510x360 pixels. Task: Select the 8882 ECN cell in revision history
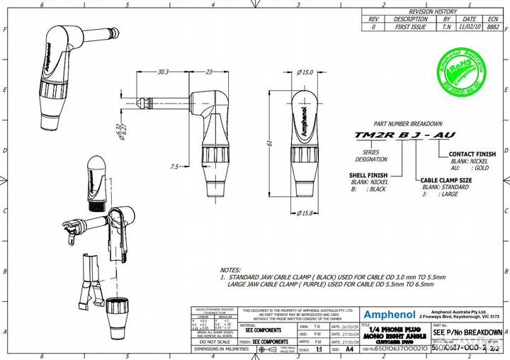[493, 26]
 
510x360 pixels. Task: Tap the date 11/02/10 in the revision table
[468, 26]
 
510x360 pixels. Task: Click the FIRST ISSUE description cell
[411, 26]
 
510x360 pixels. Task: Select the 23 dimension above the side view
[209, 72]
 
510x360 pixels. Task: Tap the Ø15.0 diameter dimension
[305, 72]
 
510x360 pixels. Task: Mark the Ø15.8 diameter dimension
[306, 213]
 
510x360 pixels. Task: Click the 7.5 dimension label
[175, 167]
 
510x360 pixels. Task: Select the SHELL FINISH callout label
[368, 174]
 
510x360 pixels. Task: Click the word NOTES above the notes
[231, 270]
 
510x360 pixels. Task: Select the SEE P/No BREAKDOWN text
[467, 332]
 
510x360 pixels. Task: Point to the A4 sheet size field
[348, 349]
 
